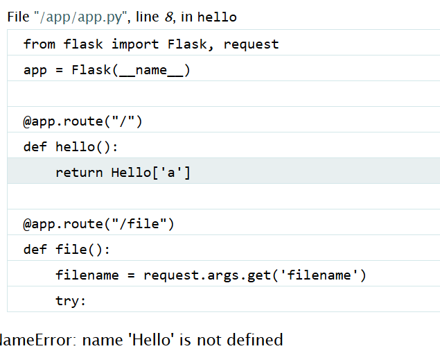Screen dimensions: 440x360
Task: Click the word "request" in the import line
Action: (x=251, y=44)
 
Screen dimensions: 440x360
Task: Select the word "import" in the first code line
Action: (x=136, y=44)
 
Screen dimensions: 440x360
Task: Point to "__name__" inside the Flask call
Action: (x=152, y=70)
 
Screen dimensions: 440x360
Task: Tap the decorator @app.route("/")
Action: (x=82, y=121)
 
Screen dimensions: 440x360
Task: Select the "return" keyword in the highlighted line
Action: (x=79, y=173)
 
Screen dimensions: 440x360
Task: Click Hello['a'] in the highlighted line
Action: (x=151, y=173)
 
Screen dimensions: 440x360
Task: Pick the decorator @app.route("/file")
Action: (x=98, y=224)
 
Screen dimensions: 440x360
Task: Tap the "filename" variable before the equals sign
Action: (x=87, y=275)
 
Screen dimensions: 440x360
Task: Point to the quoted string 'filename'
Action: (x=321, y=275)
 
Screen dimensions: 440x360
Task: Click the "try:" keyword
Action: (x=71, y=301)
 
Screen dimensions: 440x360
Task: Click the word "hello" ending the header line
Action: (x=216, y=17)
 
